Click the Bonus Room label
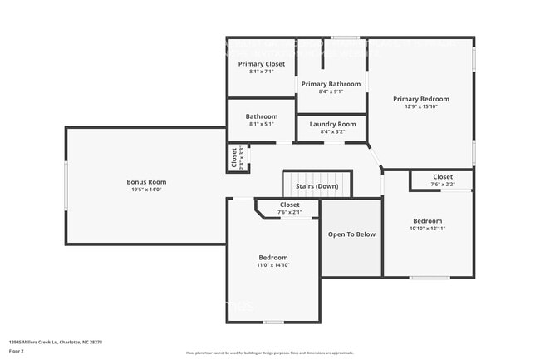[x=146, y=181]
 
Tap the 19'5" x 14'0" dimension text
[x=146, y=190]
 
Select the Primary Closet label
[x=262, y=64]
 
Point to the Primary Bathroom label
[x=331, y=84]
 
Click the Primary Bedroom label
[x=420, y=98]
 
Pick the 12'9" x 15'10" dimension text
[x=420, y=106]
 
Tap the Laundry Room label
[x=332, y=124]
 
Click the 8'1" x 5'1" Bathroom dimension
[x=262, y=124]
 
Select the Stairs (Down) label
[x=317, y=186]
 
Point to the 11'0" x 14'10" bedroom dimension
[x=272, y=265]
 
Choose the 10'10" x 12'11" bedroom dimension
[x=429, y=229]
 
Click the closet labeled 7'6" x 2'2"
[x=443, y=180]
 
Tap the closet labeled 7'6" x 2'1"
[x=289, y=208]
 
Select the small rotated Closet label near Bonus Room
[x=235, y=157]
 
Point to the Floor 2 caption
[x=17, y=351]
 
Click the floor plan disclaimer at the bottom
[x=269, y=353]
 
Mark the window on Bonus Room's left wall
[x=66, y=185]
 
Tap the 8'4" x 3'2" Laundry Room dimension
[x=332, y=131]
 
